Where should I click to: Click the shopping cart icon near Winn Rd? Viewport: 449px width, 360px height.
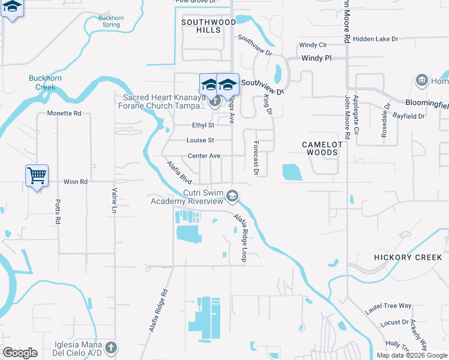(x=37, y=176)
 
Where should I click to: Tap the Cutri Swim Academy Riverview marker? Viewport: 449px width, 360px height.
(x=232, y=196)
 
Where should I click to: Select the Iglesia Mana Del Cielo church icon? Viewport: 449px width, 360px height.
(x=110, y=347)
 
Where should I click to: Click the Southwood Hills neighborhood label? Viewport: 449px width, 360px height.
(x=208, y=26)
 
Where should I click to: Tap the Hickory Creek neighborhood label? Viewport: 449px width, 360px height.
(x=408, y=257)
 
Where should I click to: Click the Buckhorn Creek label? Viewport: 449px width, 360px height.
(x=41, y=83)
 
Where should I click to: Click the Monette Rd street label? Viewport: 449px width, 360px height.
(x=64, y=113)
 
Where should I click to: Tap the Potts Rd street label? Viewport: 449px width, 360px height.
(x=58, y=212)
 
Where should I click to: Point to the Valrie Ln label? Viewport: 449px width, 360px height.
(x=114, y=201)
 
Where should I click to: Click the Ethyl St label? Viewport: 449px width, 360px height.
(x=203, y=125)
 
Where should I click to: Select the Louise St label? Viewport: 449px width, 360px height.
(x=200, y=140)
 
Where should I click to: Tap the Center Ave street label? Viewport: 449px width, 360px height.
(x=204, y=156)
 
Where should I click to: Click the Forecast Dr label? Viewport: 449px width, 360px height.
(x=256, y=158)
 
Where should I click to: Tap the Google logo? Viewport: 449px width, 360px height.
(x=20, y=353)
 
